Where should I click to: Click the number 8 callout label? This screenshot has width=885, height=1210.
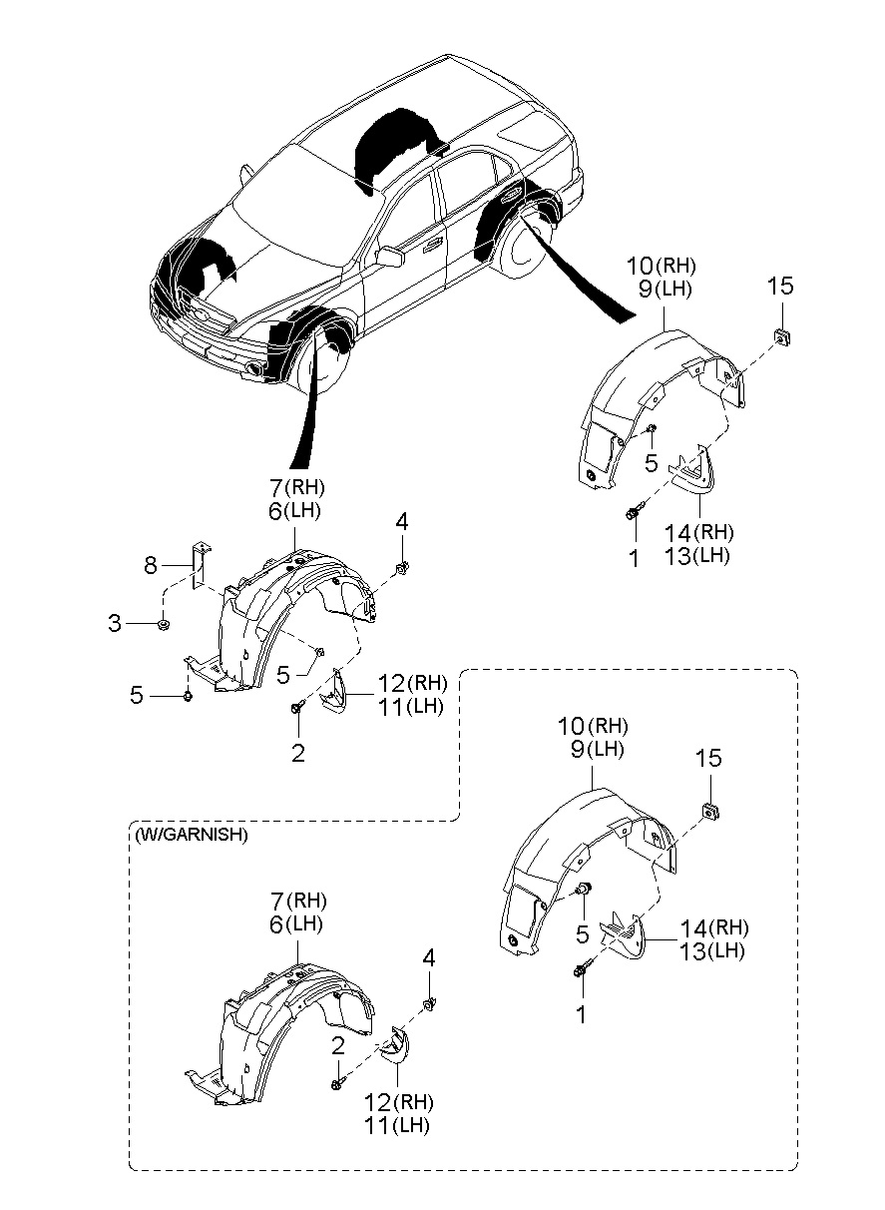coord(150,566)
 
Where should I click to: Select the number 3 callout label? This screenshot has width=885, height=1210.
coord(115,623)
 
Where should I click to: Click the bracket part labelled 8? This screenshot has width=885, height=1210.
coord(200,566)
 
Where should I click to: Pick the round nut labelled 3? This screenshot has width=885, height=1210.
coord(163,624)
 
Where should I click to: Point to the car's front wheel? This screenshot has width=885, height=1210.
coord(319,363)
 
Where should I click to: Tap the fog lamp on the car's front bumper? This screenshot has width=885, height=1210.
coord(253,369)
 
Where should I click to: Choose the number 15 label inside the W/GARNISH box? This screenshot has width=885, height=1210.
coord(708,759)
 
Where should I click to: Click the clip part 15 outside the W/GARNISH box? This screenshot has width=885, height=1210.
coord(782,337)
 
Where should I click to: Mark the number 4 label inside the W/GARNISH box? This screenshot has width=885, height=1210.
coord(429,958)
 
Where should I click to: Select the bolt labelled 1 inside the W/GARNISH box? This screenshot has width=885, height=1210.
coord(583,968)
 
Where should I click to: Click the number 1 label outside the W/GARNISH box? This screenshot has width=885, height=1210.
coord(634,558)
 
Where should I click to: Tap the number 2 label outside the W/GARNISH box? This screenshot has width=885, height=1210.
coord(298,754)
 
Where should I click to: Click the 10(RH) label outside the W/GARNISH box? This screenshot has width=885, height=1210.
coord(661,266)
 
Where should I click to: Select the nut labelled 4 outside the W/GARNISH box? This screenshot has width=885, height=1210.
coord(401,567)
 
